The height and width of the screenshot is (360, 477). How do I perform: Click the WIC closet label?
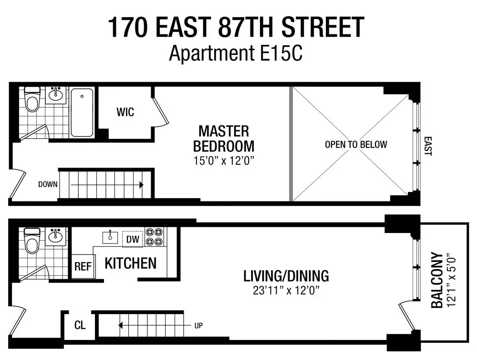125,113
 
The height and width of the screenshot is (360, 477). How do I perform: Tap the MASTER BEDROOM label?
224,138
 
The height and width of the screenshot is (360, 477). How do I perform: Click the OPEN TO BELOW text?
356,144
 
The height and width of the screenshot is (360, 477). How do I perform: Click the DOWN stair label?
48,184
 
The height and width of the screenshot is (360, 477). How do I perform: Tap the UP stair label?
198,326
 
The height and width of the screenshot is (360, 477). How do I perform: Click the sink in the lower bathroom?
56,236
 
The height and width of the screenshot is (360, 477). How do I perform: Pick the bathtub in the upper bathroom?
83,113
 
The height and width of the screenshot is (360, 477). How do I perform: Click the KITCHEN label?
130,263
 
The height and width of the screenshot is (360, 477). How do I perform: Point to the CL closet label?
80,326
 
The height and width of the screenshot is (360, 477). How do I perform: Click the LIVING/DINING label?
286,276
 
